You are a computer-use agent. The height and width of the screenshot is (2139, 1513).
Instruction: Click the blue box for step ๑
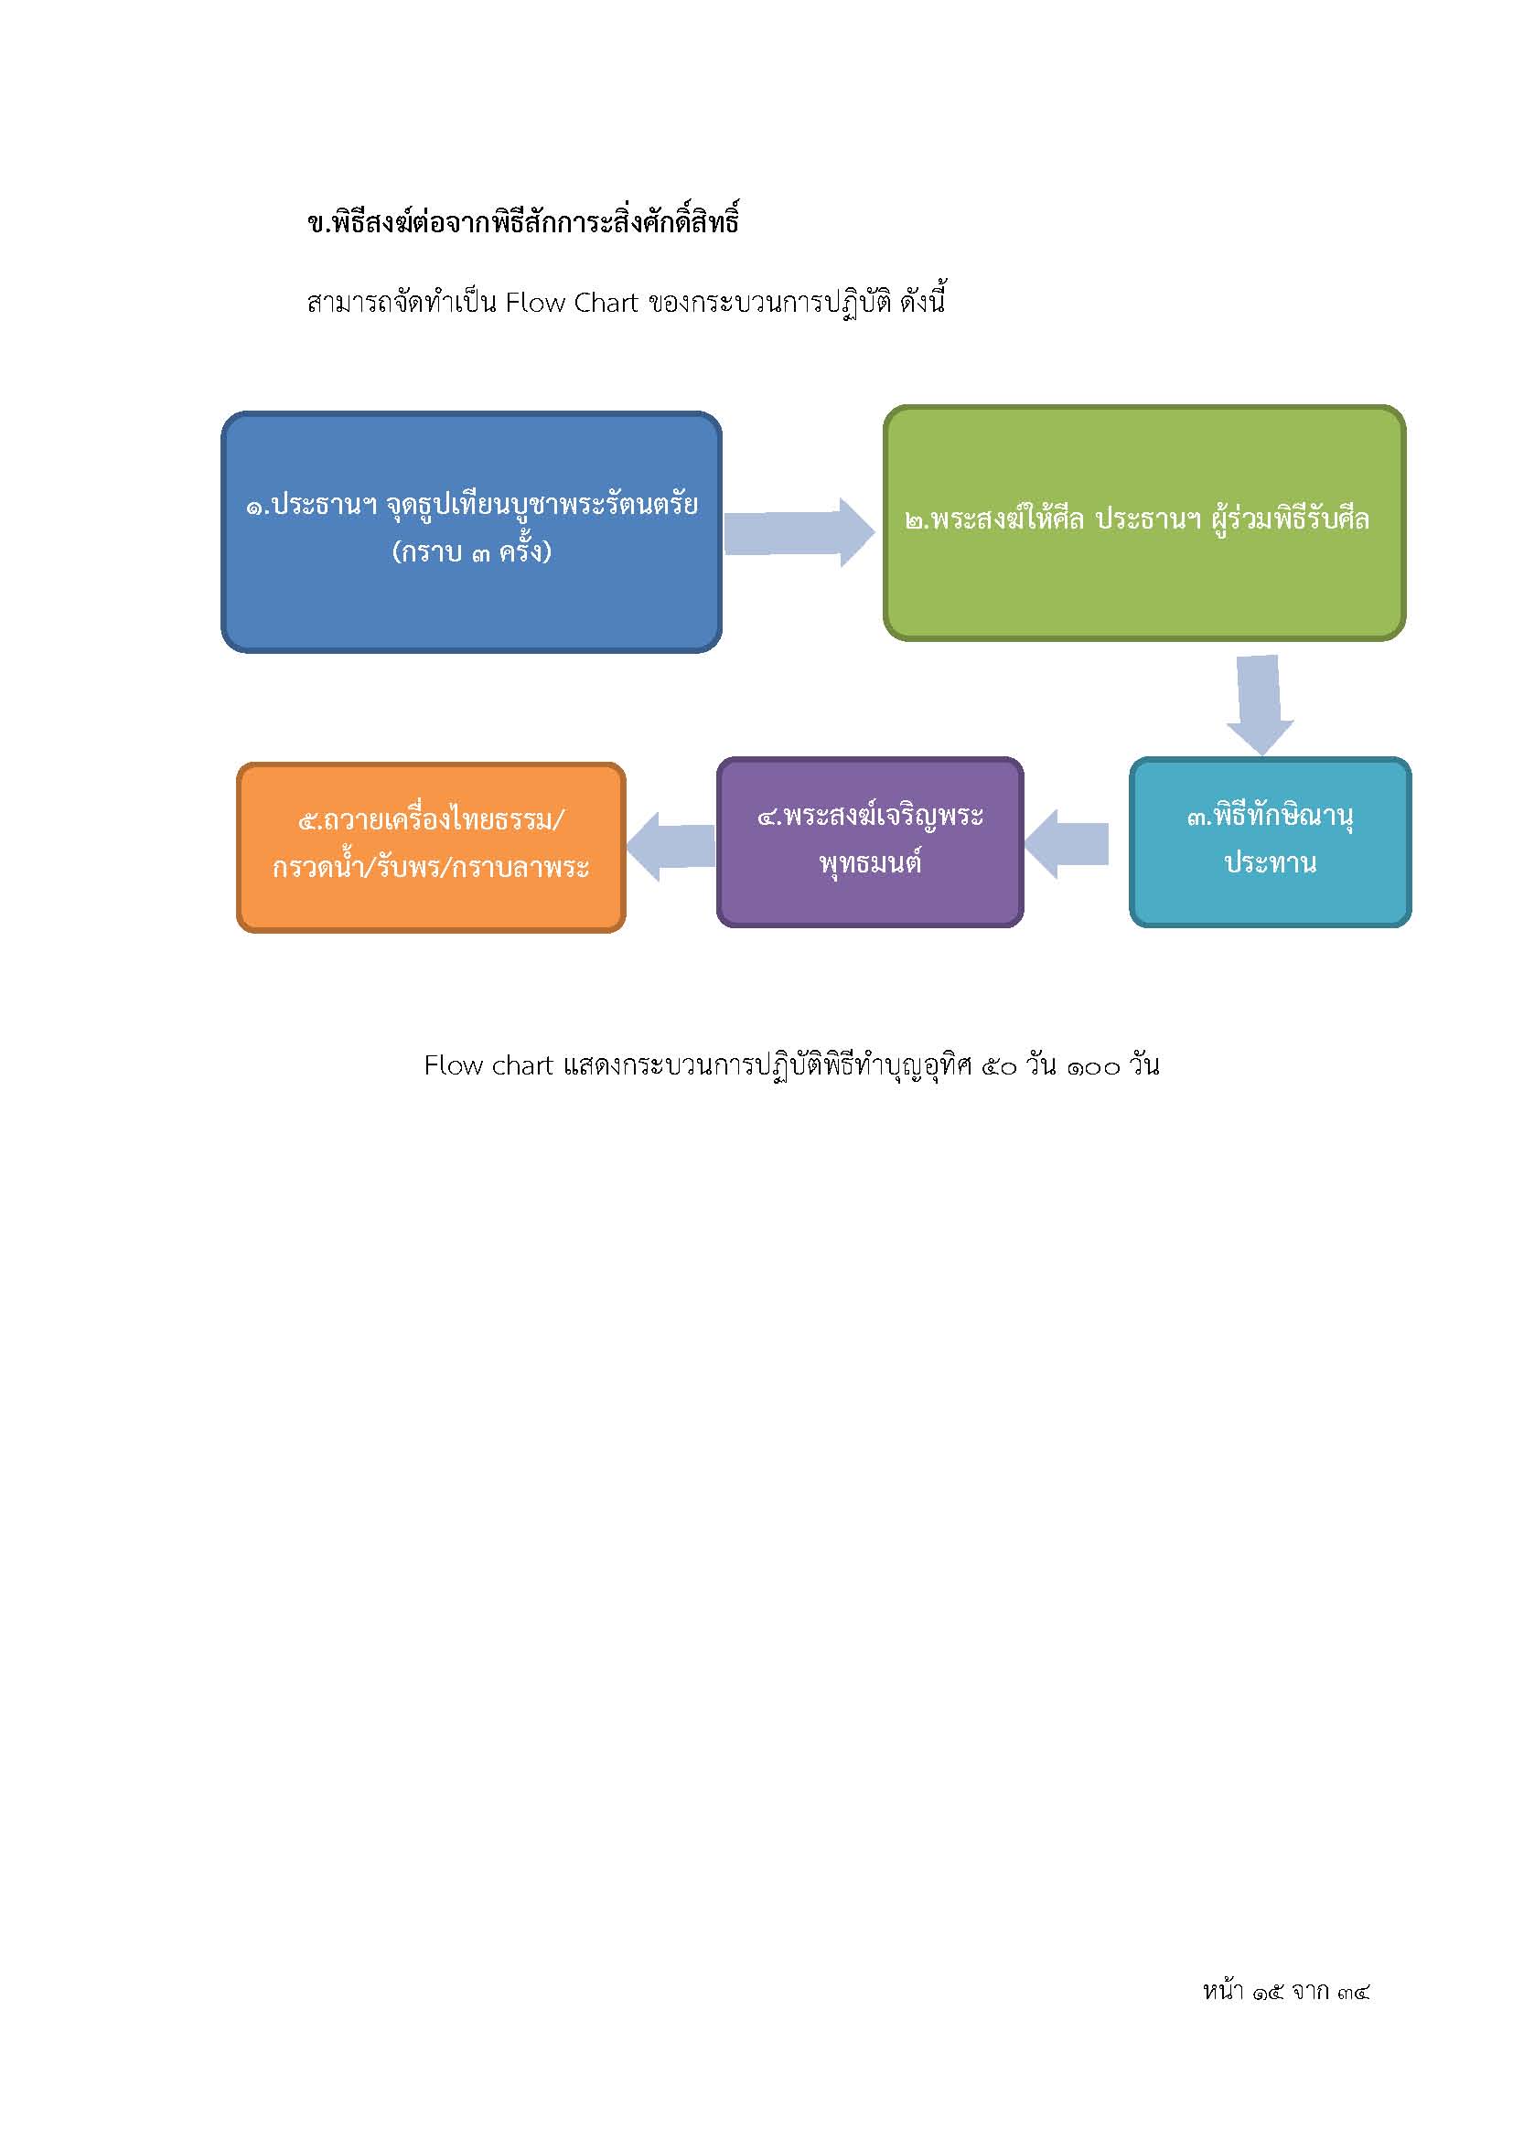pyautogui.click(x=471, y=532)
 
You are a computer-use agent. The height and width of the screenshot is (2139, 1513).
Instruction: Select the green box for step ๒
pyautogui.click(x=1144, y=523)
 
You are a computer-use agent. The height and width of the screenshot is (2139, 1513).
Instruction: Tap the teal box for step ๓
pyautogui.click(x=1270, y=842)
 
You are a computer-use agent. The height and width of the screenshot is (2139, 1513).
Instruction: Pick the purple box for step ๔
pyautogui.click(x=870, y=842)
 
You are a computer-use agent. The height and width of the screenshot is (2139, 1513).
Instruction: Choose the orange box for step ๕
pyautogui.click(x=432, y=847)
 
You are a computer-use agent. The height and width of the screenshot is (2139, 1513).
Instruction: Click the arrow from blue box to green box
pyautogui.click(x=799, y=532)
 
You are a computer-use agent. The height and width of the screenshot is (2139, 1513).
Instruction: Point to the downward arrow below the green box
pyautogui.click(x=1260, y=704)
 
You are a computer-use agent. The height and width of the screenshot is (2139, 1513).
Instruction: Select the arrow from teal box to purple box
pyautogui.click(x=1067, y=844)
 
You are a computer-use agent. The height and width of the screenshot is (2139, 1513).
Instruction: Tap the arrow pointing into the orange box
pyautogui.click(x=671, y=847)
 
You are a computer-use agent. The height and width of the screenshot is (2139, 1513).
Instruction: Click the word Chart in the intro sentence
pyautogui.click(x=606, y=303)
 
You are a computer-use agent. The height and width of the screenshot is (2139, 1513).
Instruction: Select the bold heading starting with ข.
pyautogui.click(x=522, y=222)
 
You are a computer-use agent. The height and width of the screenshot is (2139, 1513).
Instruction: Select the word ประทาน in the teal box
pyautogui.click(x=1270, y=862)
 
